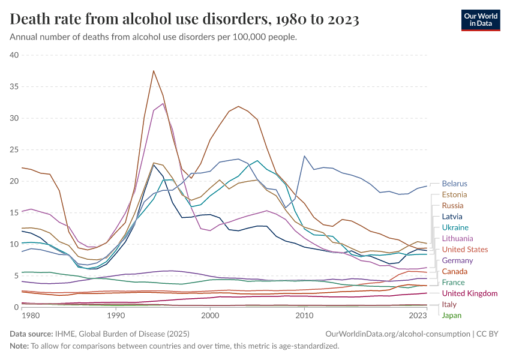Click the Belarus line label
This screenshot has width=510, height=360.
(454, 184)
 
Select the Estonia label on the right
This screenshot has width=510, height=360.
(454, 194)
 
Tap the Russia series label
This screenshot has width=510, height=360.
(452, 205)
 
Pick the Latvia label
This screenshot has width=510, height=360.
(452, 217)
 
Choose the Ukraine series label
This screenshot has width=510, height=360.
(454, 227)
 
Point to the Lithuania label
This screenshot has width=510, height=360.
(458, 238)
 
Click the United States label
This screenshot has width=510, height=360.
(465, 250)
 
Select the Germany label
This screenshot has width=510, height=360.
(457, 260)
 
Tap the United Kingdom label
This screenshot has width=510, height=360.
(470, 293)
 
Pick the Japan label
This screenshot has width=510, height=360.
(452, 316)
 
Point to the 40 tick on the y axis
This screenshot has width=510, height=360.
(14, 55)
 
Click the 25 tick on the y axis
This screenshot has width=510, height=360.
(14, 149)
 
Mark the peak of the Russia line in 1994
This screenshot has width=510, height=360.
(154, 71)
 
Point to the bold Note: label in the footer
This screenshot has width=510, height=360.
(20, 346)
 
